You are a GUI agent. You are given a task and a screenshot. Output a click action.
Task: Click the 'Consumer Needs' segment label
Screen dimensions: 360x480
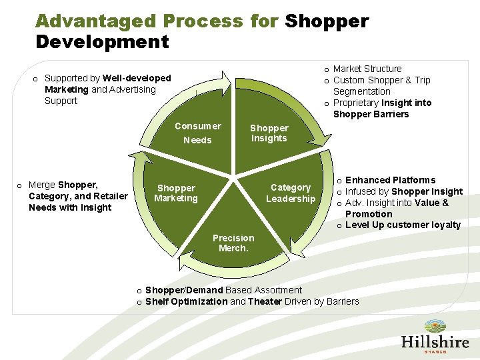[197, 133]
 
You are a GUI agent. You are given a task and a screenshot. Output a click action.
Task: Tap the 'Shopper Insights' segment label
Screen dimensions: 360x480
[269, 133]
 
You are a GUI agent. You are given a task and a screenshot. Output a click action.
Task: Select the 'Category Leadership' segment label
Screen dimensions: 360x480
[290, 193]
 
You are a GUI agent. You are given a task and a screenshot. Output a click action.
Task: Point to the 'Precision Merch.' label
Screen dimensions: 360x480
[233, 243]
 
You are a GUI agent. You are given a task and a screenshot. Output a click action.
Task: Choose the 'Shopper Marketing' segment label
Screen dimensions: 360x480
[176, 193]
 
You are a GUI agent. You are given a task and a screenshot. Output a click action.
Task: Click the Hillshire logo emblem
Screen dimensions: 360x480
[435, 327]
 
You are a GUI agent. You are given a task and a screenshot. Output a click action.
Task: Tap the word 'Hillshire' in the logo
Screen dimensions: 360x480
[435, 341]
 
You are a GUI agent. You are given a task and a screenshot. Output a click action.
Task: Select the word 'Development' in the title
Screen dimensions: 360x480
[102, 42]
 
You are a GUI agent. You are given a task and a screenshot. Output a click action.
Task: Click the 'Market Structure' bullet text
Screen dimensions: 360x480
[367, 69]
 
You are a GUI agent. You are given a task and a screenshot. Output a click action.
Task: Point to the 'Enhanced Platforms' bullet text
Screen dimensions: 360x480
[390, 180]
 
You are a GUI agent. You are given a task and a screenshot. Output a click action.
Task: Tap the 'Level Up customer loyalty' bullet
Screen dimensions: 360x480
[403, 225]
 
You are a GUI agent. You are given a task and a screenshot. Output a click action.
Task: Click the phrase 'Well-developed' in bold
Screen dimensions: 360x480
[137, 78]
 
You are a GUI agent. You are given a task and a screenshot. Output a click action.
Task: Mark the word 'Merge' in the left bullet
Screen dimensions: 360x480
[42, 185]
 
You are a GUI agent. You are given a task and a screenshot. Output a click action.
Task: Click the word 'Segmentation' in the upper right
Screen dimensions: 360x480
[361, 91]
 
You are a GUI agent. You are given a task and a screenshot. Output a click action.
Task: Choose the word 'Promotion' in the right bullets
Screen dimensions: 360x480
[369, 214]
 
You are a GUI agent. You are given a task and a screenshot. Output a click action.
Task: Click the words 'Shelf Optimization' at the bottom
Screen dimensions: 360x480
[186, 301]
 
